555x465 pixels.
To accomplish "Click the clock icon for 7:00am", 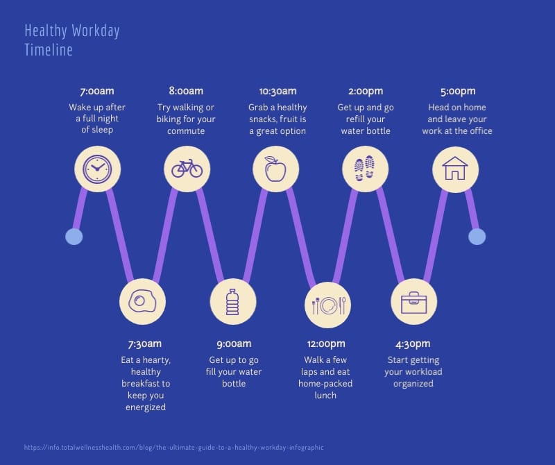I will (97, 169).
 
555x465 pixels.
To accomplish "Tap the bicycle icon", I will (187, 169).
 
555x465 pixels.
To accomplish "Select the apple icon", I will (275, 169).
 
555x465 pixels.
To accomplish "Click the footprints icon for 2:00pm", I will (365, 169).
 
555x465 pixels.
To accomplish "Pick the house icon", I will (455, 169).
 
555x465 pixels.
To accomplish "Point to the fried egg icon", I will (142, 303).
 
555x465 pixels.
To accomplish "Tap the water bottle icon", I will (232, 303).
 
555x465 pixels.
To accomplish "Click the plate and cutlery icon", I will (328, 305).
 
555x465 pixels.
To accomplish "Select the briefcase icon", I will (413, 303).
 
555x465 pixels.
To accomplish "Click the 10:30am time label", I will (277, 91).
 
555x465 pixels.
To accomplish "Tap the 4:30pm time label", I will (413, 344).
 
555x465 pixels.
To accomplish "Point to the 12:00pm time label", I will (325, 344).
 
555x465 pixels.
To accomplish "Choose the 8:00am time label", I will (186, 91).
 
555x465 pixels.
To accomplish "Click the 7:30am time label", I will (145, 344).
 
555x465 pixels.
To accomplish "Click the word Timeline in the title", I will (49, 50).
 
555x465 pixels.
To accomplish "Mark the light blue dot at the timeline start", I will (74, 237).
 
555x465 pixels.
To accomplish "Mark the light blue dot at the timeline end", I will (477, 237).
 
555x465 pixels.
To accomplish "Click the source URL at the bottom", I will (173, 448).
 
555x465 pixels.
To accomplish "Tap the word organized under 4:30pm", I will (413, 383).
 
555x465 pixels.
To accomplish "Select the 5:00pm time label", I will (458, 91).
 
